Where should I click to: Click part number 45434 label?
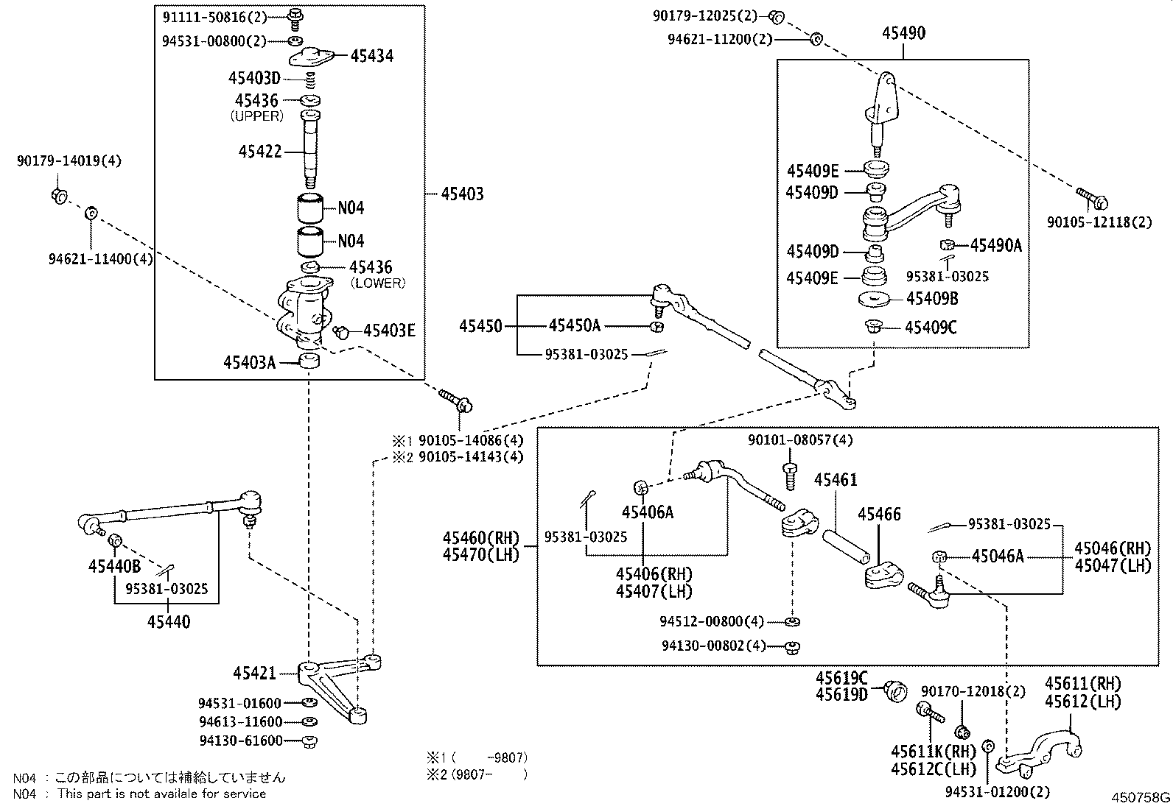(371, 55)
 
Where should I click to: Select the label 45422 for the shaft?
(260, 152)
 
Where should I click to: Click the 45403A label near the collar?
(249, 362)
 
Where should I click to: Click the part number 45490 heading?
(903, 33)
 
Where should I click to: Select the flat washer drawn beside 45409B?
(875, 299)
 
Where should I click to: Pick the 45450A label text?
(574, 325)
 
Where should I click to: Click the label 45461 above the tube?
(836, 480)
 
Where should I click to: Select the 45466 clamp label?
(879, 514)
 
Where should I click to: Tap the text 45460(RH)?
(481, 538)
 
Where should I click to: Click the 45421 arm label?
(254, 673)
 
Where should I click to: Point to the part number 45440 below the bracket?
(168, 622)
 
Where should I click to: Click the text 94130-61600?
(240, 741)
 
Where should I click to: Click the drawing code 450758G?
(1141, 798)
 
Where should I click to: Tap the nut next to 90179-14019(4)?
(60, 195)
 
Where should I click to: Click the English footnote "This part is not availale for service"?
(161, 794)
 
